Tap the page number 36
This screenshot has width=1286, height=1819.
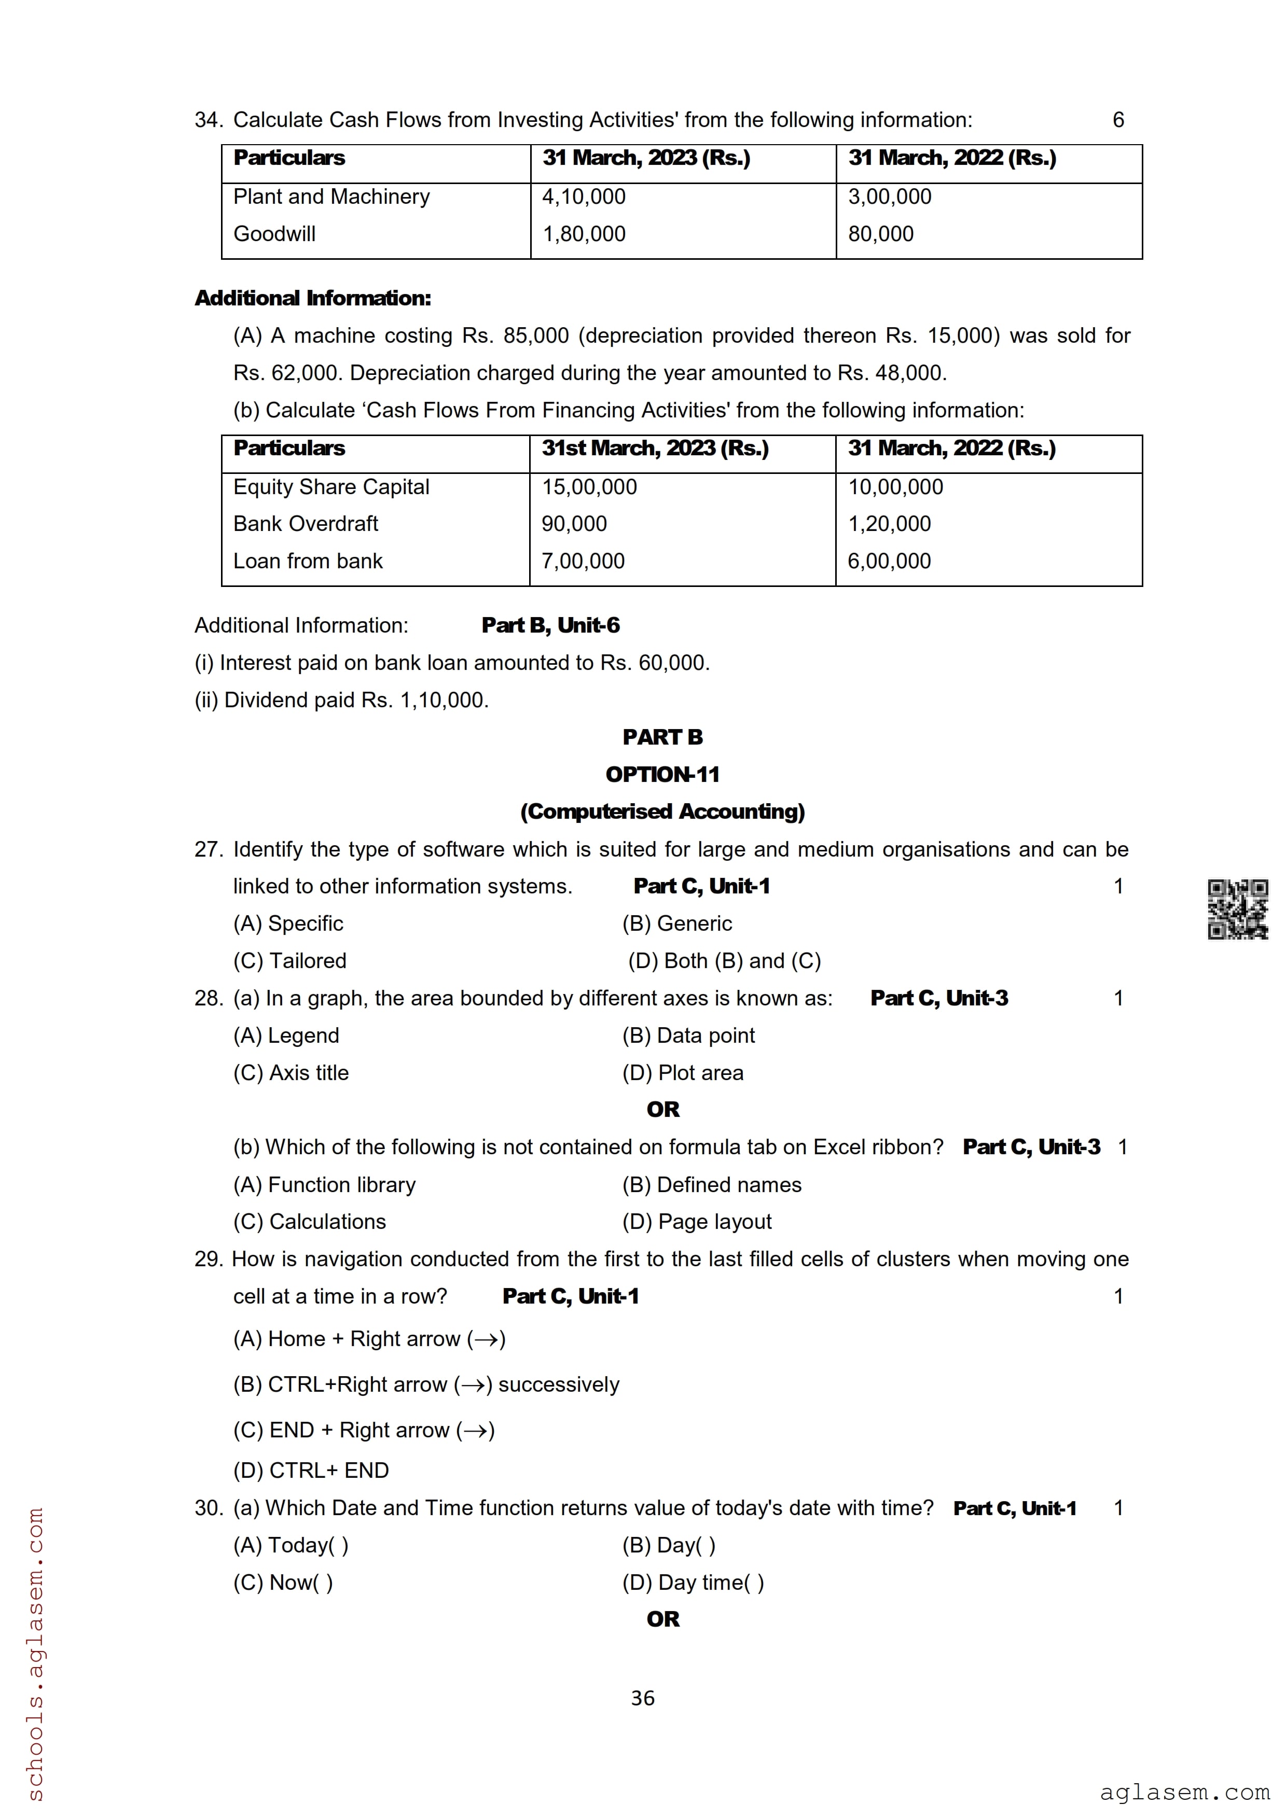(x=643, y=1698)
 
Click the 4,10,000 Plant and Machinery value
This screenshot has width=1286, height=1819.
(x=584, y=197)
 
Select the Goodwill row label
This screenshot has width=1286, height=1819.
(x=274, y=234)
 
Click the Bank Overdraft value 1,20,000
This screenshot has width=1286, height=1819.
(x=890, y=524)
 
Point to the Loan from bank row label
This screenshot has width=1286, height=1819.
(x=308, y=561)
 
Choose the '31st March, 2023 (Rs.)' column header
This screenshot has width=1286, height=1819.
(x=655, y=449)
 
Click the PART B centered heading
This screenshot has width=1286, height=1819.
(x=662, y=737)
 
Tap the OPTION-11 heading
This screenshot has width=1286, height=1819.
(x=662, y=774)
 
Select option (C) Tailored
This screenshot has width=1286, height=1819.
(x=290, y=960)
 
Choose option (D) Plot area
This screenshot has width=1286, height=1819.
(x=683, y=1073)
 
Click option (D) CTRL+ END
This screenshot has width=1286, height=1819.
(x=311, y=1471)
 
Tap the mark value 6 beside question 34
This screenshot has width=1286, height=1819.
(x=1118, y=120)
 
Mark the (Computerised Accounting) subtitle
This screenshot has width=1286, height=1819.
(x=662, y=811)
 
